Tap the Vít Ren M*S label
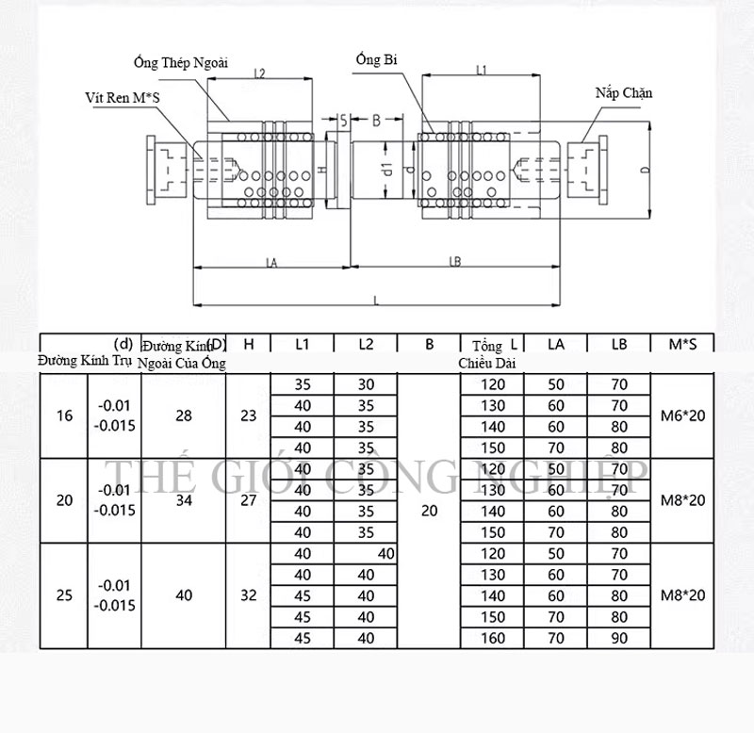coord(116,97)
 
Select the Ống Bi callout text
coord(376,59)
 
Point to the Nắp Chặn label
coord(624,92)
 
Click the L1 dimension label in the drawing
coord(481,71)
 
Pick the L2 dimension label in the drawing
coord(259,73)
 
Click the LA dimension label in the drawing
coord(271,265)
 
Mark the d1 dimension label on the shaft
coord(386,170)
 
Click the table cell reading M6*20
coord(683,415)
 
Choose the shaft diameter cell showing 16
coord(64,415)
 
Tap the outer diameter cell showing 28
coord(184,415)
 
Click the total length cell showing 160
coord(492,638)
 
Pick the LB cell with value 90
coord(618,638)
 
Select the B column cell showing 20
coord(430,511)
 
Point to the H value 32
coord(248,595)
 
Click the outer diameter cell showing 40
coord(184,595)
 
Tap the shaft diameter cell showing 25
coord(64,595)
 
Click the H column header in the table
coord(248,345)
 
